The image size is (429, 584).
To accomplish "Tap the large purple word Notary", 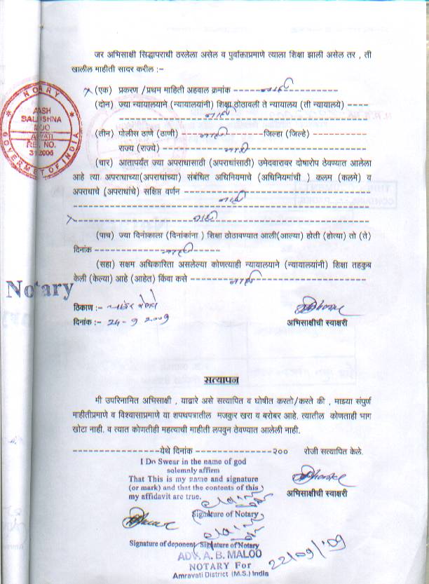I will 41,289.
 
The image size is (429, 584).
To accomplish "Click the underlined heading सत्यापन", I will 222,381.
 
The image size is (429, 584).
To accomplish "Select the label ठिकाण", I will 83,308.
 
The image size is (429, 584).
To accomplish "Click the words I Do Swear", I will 169,461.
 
